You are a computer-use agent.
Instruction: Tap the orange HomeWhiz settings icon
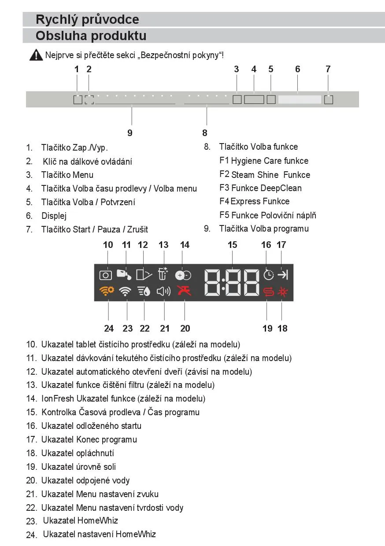[106, 291]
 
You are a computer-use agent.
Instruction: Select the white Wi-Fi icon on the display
[126, 291]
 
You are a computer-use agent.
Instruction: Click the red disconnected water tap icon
[184, 291]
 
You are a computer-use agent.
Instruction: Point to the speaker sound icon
[164, 291]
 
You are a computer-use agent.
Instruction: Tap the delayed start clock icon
[268, 275]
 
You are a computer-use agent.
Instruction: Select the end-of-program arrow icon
[282, 275]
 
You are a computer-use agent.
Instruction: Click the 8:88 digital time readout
[232, 282]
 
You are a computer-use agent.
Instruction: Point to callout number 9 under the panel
[130, 133]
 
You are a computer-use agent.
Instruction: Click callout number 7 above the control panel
[328, 69]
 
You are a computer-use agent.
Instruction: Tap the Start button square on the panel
[329, 100]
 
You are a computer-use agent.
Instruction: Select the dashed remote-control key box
[89, 100]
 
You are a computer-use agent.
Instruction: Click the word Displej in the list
[54, 216]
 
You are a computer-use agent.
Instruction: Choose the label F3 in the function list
[224, 188]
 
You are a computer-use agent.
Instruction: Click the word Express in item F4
[245, 201]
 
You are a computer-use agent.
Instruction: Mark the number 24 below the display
[109, 328]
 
